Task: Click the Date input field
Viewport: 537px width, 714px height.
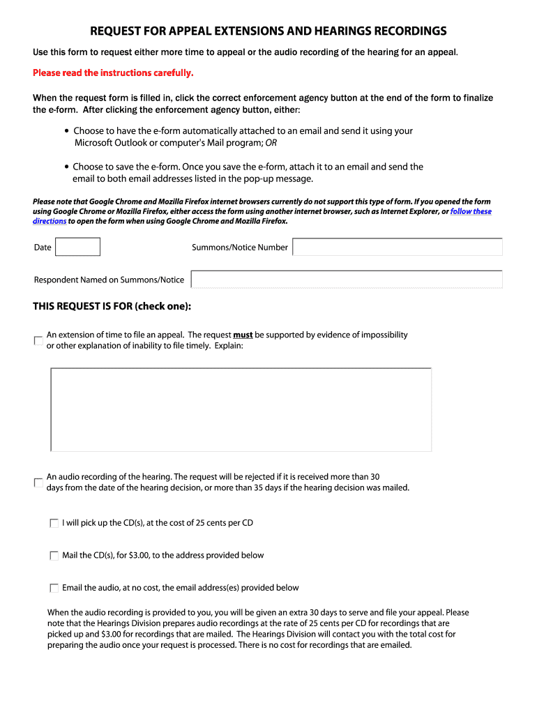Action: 77,247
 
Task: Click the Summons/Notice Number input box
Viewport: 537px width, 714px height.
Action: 397,247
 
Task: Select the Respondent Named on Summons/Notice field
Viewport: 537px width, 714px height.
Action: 346,280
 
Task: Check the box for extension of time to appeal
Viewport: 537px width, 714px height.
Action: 38,340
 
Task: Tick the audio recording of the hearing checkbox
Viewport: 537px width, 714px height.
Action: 38,483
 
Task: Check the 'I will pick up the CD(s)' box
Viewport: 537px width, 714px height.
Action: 54,523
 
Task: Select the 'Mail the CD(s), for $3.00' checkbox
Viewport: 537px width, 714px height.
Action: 54,556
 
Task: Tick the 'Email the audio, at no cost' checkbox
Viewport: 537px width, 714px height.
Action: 54,588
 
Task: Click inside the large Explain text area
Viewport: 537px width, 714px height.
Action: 241,409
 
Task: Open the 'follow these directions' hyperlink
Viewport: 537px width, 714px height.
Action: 471,211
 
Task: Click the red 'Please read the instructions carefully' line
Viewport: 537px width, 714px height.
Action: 113,73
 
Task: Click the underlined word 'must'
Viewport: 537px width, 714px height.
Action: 243,335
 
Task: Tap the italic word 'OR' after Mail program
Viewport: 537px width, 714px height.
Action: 271,143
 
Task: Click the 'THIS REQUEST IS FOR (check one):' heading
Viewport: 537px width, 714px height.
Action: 112,307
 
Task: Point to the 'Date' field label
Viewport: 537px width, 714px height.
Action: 43,248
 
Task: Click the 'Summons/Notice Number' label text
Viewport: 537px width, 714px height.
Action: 239,248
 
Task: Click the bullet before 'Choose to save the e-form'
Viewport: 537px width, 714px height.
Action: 66,167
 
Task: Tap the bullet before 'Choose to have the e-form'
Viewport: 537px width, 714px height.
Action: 66,131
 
